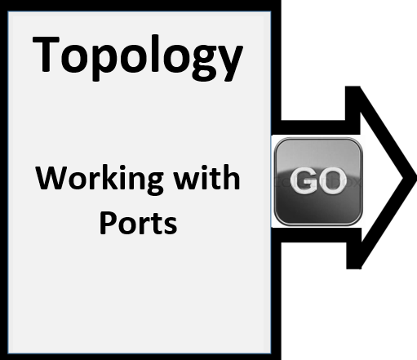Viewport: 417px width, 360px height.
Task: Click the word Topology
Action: coord(138,58)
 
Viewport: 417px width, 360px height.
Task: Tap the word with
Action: coord(207,177)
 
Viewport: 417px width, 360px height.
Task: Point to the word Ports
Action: coord(138,223)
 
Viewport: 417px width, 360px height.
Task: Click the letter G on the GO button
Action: coord(303,180)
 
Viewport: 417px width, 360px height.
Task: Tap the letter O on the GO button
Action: coord(331,180)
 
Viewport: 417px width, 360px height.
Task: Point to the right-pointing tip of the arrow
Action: coord(415,178)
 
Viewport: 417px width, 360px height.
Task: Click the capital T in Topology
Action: coord(46,54)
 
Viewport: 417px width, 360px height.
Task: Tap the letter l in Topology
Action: coord(155,53)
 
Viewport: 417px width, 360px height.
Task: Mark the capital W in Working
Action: coord(51,177)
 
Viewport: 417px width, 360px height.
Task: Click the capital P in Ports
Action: coord(108,222)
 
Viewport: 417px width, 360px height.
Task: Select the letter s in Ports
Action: coord(171,225)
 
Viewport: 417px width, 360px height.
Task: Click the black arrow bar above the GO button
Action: coord(313,127)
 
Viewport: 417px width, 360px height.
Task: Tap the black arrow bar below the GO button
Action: coord(313,235)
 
